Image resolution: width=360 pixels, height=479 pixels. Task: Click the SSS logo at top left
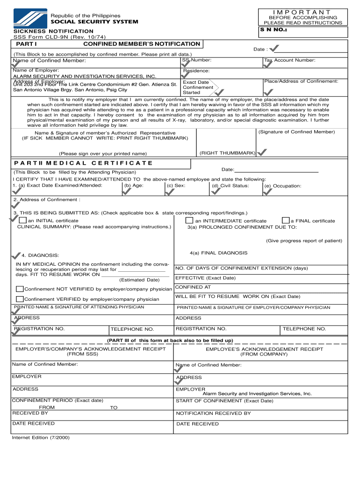tap(29, 19)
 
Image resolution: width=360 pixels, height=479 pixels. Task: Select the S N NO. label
tap(273, 30)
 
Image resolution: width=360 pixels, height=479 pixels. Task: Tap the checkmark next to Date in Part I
tap(275, 49)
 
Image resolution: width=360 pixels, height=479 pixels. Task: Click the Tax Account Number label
tap(289, 60)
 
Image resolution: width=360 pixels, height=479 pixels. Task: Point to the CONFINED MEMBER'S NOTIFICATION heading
tap(141, 44)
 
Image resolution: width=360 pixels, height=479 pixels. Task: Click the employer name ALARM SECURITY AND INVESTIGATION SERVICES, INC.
tap(85, 76)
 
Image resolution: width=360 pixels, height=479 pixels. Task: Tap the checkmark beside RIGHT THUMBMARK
tap(262, 152)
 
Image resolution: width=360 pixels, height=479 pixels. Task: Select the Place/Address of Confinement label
tap(301, 81)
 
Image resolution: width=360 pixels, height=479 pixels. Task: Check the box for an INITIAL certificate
tap(22, 220)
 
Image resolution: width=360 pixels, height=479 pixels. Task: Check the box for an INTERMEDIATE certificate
tap(189, 220)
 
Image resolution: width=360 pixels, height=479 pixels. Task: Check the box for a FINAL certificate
tap(285, 220)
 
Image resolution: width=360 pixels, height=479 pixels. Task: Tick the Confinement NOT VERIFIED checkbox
tap(20, 289)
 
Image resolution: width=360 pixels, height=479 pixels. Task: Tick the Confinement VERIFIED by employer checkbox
tap(20, 299)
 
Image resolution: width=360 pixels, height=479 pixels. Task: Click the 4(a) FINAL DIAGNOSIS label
tap(218, 253)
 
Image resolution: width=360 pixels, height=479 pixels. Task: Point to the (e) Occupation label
tap(282, 186)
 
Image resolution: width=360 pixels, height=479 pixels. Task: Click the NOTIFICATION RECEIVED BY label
tap(213, 414)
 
